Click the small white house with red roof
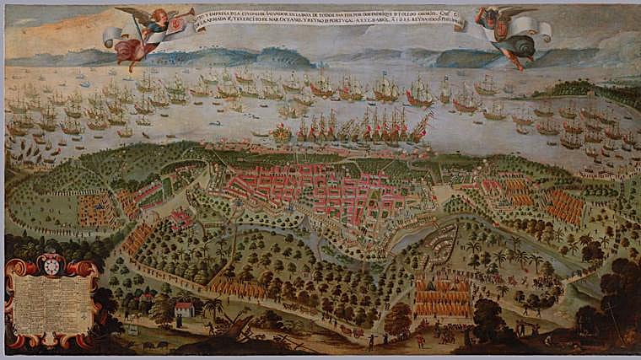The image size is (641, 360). [x=183, y=309]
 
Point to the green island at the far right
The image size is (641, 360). [x=590, y=89]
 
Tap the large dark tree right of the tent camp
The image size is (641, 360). [x=489, y=316]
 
